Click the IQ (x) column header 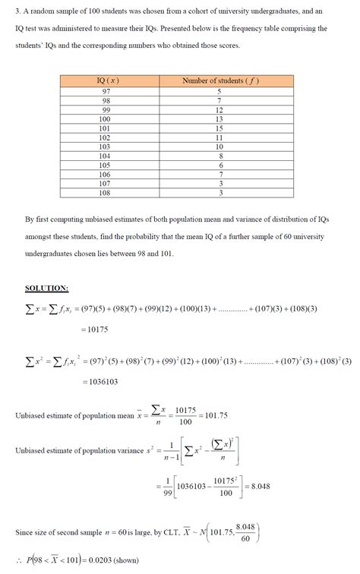(x=108, y=80)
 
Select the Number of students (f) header (x=218, y=80)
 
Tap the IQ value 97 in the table (x=106, y=90)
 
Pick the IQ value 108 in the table (x=106, y=193)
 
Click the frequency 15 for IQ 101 (x=219, y=128)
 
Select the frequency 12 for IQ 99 (x=219, y=109)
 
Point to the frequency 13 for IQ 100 (x=219, y=118)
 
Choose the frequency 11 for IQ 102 (x=219, y=137)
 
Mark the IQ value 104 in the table (x=106, y=156)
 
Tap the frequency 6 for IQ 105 (x=219, y=165)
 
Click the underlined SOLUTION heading (x=46, y=289)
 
